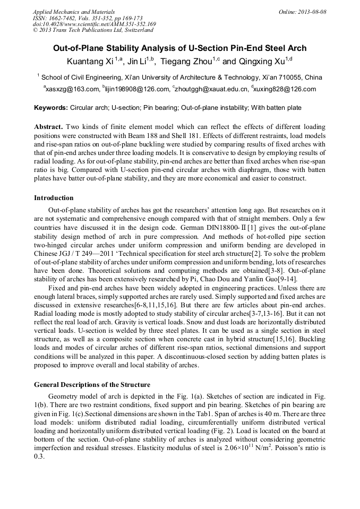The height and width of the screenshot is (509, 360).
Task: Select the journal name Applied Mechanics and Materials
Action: pos(73,12)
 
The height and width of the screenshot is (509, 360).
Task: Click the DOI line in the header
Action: pos(94,24)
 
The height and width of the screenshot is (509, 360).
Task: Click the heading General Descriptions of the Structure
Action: pos(92,384)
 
